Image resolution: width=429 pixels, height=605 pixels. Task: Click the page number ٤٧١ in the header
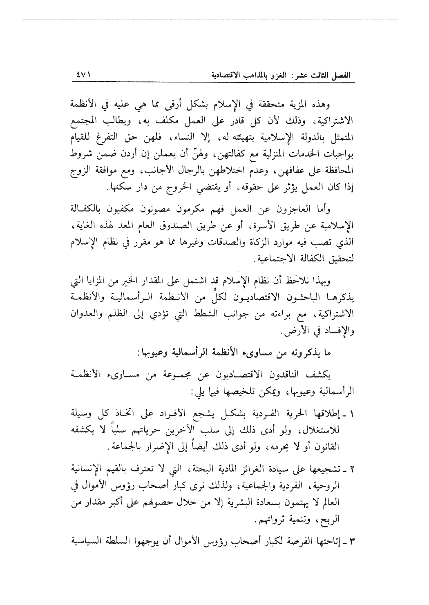point(82,76)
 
